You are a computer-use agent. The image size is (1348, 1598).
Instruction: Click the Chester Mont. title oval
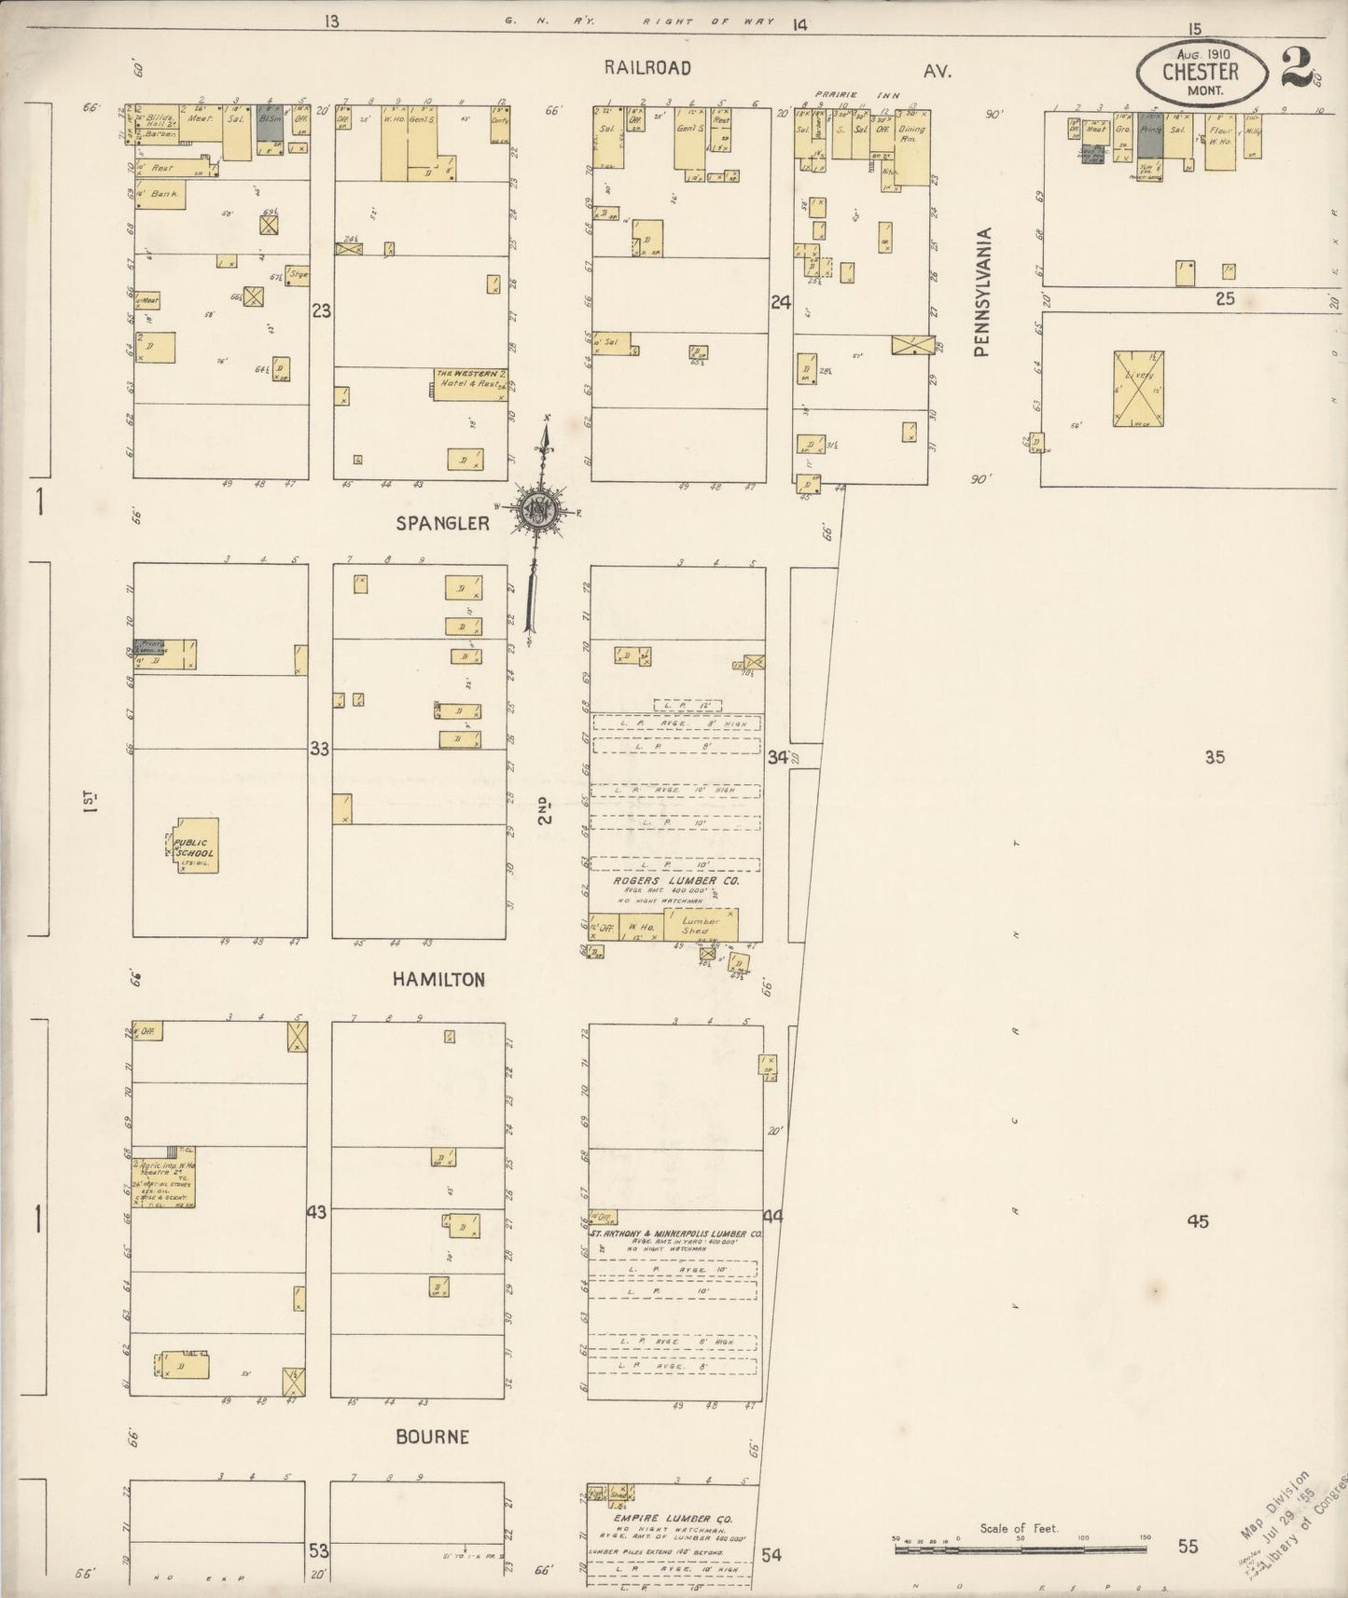(x=1201, y=72)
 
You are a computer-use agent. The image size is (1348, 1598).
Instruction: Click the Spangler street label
(x=442, y=523)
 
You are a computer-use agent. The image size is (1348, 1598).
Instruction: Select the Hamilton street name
(x=438, y=980)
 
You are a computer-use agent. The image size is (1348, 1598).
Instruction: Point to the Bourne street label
(x=432, y=1437)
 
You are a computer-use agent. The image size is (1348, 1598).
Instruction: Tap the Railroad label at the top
(x=646, y=68)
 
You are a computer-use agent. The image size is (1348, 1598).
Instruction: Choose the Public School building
(x=193, y=847)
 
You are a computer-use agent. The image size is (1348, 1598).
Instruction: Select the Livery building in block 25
(x=1138, y=389)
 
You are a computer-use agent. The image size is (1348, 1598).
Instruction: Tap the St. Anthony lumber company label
(x=676, y=1233)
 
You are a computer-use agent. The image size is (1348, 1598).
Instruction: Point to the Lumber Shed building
(x=701, y=925)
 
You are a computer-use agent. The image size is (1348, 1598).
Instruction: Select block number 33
(x=320, y=749)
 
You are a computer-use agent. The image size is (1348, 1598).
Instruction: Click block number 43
(x=317, y=1213)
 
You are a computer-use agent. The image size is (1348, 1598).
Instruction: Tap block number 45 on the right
(x=1198, y=1221)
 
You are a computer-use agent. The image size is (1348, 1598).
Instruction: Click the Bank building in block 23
(x=159, y=195)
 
